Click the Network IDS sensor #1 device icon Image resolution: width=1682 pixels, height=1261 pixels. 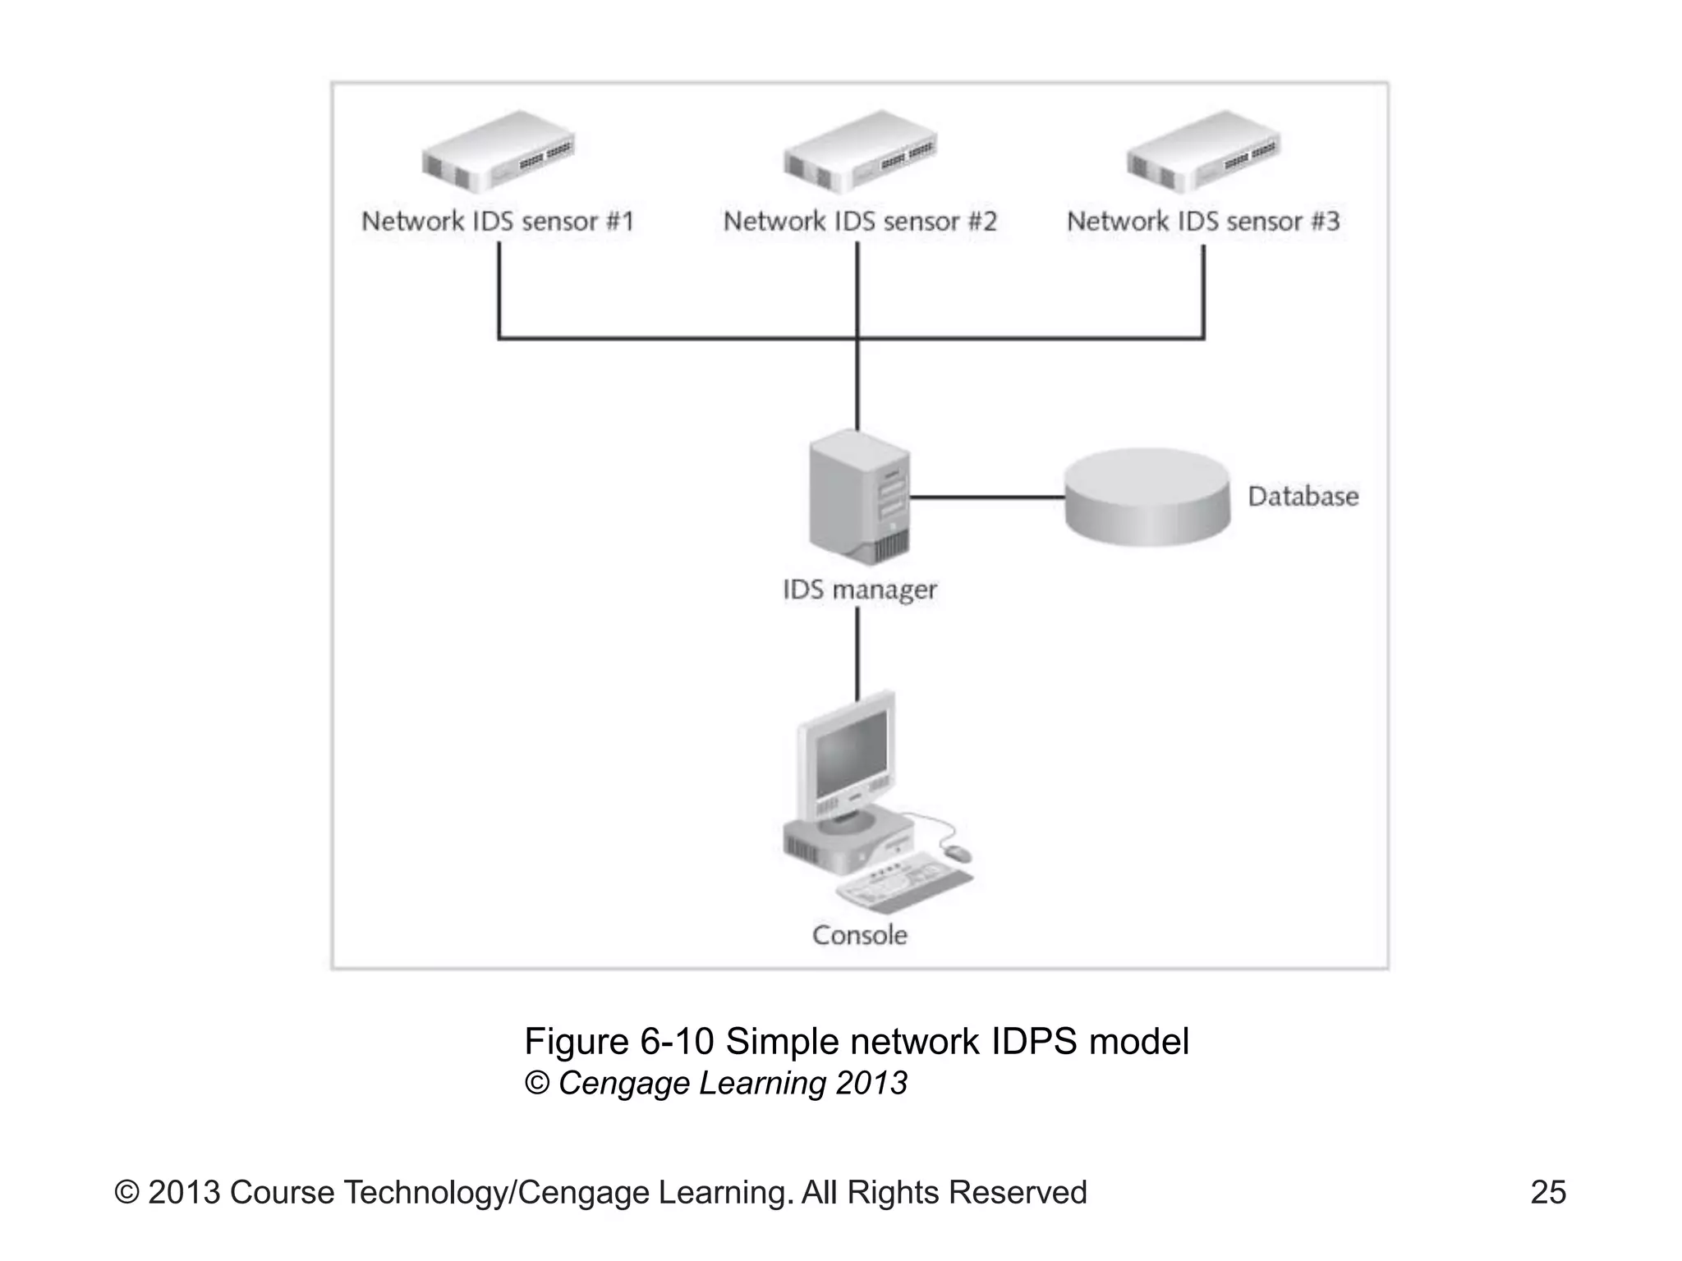pyautogui.click(x=498, y=153)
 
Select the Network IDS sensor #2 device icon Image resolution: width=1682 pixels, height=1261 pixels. pyautogui.click(x=859, y=153)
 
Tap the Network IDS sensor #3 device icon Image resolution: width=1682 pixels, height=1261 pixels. pyautogui.click(x=1203, y=153)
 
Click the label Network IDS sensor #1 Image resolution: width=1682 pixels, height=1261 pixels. pyautogui.click(x=498, y=222)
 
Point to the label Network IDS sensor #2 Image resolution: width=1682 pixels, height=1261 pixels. pyautogui.click(x=859, y=222)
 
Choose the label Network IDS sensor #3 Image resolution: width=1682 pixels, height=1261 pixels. pyautogui.click(x=1203, y=222)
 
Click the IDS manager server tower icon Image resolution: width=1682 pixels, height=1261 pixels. pyautogui.click(x=859, y=498)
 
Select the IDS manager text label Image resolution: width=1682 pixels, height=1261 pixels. pyautogui.click(x=859, y=590)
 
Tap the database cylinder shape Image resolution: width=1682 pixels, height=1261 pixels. pyautogui.click(x=1147, y=498)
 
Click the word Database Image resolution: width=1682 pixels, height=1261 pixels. pyautogui.click(x=1303, y=497)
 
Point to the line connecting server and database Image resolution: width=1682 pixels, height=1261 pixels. pyautogui.click(x=986, y=498)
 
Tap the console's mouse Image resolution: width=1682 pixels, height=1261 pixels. pyautogui.click(x=956, y=854)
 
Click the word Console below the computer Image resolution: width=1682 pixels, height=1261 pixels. pyautogui.click(x=859, y=935)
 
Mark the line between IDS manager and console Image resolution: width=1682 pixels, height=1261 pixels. pyautogui.click(x=858, y=653)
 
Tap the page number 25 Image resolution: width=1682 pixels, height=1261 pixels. pyautogui.click(x=1548, y=1193)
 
